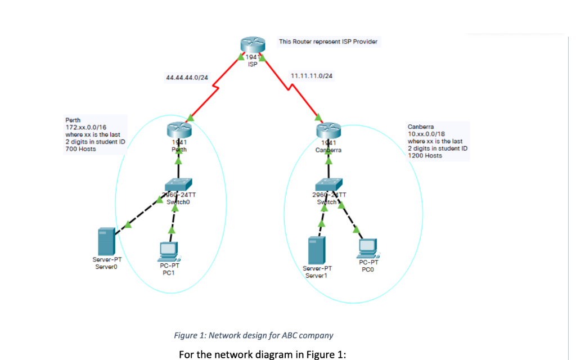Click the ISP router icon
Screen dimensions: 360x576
251,46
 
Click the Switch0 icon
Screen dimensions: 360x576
178,184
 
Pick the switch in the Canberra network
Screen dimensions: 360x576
328,184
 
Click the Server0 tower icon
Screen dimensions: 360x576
106,241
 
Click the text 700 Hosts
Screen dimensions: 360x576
80,149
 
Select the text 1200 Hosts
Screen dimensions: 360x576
425,156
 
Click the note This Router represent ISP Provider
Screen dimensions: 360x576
328,42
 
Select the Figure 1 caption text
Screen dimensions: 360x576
253,335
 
